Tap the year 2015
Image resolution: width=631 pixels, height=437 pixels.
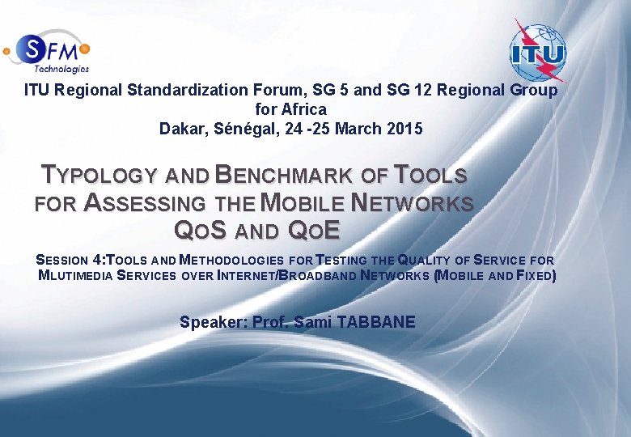click(404, 128)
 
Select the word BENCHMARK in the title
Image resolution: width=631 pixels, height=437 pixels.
click(282, 175)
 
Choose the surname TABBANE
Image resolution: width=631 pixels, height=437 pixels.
click(376, 322)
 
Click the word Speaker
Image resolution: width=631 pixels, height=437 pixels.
click(214, 322)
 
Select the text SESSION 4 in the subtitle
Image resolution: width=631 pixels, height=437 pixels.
click(70, 261)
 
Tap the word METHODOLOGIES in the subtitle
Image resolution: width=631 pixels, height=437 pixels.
click(231, 261)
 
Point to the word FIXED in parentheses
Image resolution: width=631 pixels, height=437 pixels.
click(534, 276)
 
